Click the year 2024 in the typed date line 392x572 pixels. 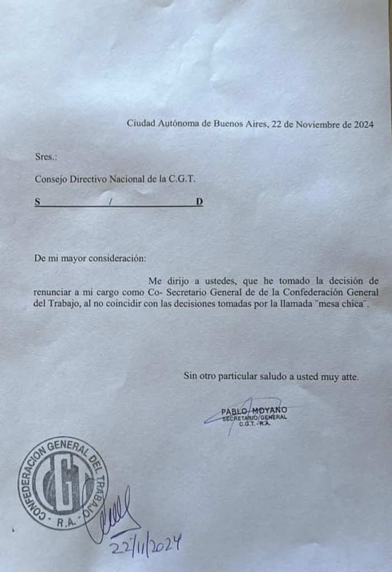click(x=363, y=124)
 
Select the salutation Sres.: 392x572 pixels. click(x=46, y=157)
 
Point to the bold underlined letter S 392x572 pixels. click(x=37, y=202)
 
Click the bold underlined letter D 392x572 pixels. click(x=199, y=202)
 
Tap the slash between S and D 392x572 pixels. click(x=111, y=202)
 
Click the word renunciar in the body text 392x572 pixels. click(x=53, y=292)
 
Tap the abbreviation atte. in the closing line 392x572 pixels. click(x=348, y=376)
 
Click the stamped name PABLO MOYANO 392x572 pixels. click(x=254, y=411)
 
